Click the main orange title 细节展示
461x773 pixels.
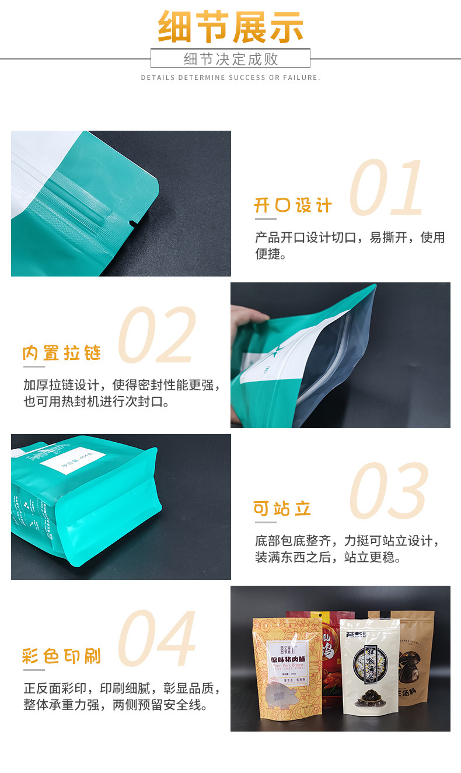[x=230, y=27]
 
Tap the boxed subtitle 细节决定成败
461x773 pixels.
[x=230, y=59]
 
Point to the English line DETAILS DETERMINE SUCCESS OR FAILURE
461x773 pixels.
[x=230, y=78]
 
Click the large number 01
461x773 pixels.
[x=387, y=188]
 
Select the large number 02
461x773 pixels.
[x=157, y=335]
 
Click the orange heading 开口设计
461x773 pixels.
[x=293, y=206]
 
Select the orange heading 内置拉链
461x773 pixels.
[x=62, y=354]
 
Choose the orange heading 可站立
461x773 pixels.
[x=282, y=508]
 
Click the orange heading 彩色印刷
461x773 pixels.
[x=62, y=656]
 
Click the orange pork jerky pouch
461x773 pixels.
[x=287, y=671]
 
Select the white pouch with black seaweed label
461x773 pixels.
[x=369, y=671]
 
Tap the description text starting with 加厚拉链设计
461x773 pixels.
[x=121, y=393]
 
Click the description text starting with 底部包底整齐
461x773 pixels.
[x=348, y=549]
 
